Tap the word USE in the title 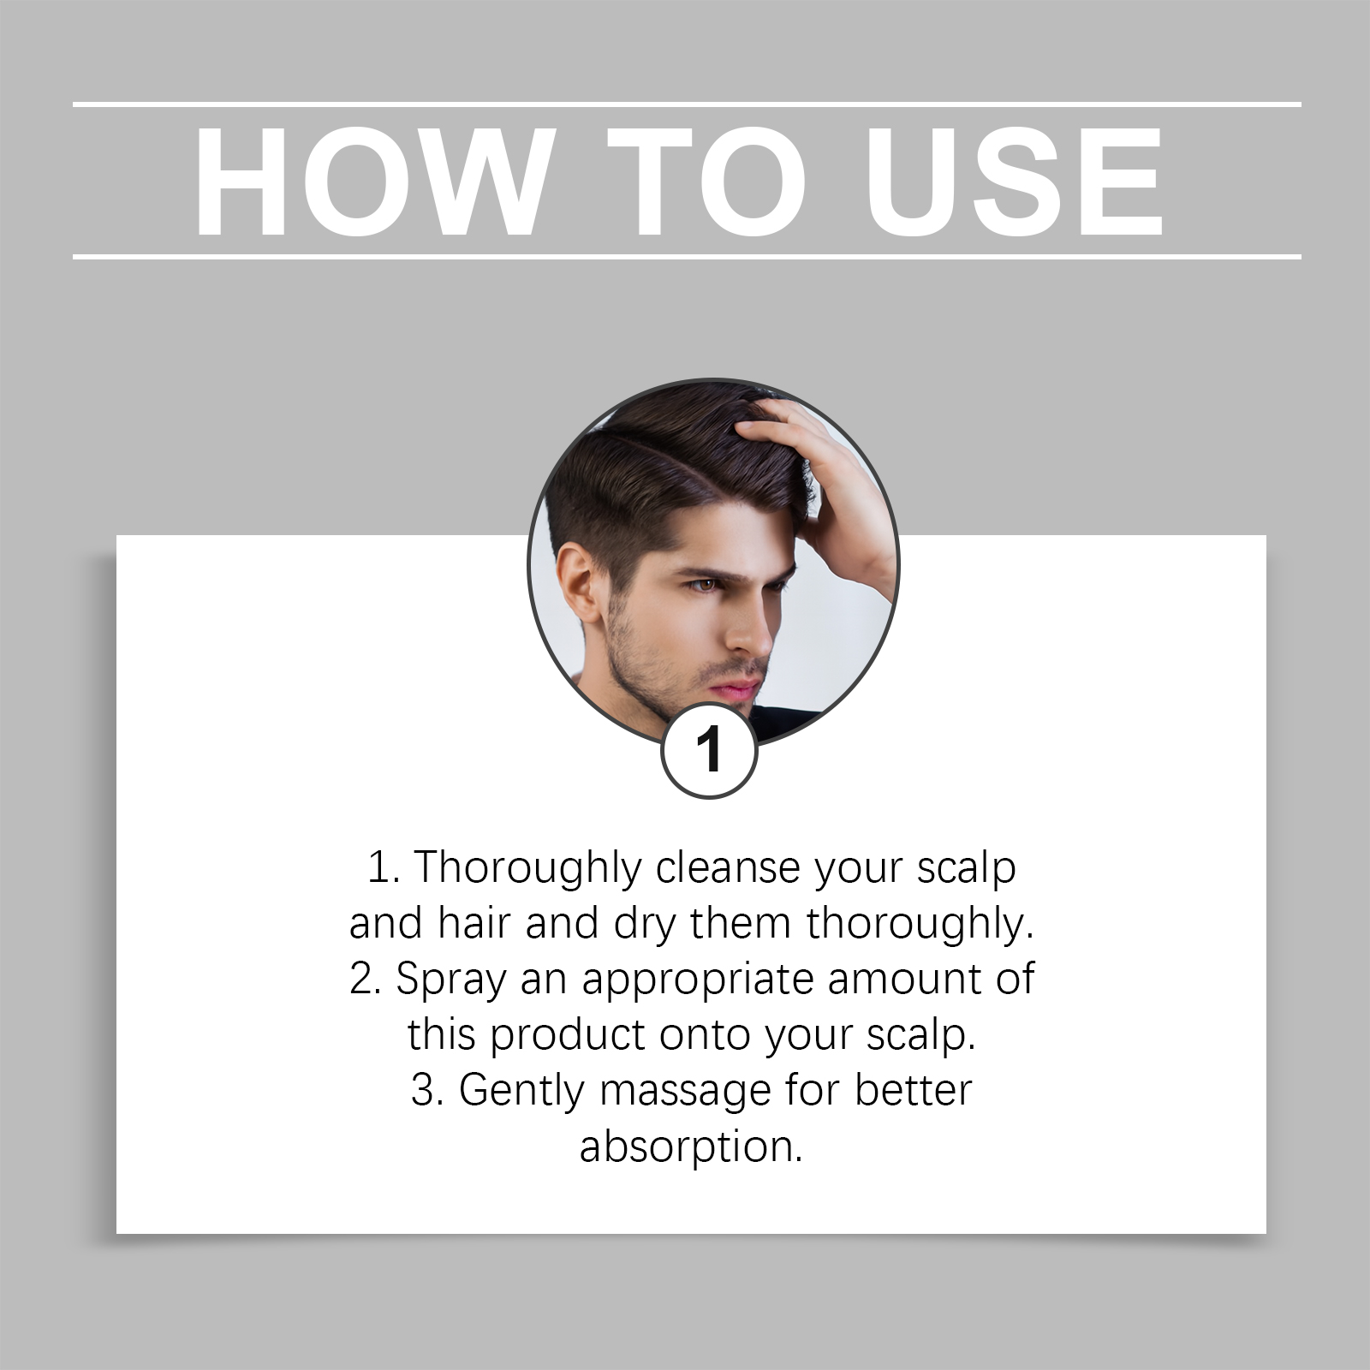pyautogui.click(x=1013, y=182)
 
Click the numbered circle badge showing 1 pyautogui.click(x=710, y=751)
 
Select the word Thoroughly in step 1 pyautogui.click(x=527, y=867)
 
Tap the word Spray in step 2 pyautogui.click(x=450, y=979)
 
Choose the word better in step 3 pyautogui.click(x=914, y=1090)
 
